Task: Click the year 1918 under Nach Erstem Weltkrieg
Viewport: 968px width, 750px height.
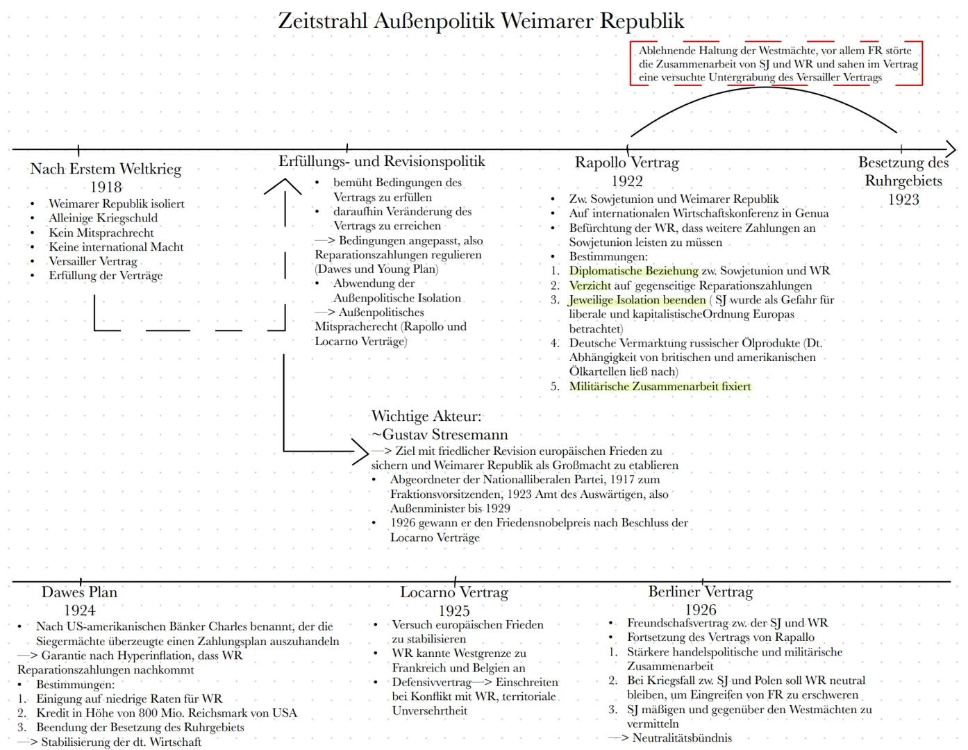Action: (x=106, y=187)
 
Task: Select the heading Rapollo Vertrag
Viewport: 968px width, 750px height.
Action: (x=626, y=162)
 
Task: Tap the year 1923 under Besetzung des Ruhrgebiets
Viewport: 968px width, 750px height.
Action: (x=903, y=199)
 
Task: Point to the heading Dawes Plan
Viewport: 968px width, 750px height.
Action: (x=79, y=592)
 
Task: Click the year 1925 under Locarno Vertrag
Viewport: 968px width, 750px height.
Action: (x=453, y=610)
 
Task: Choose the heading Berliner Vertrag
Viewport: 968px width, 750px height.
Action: (x=700, y=592)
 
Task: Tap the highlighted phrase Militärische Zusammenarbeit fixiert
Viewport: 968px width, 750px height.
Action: (x=660, y=387)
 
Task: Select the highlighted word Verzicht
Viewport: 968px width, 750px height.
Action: (x=590, y=285)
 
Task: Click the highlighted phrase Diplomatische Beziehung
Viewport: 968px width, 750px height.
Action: (x=633, y=271)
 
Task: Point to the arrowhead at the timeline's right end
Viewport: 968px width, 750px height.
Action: (x=950, y=149)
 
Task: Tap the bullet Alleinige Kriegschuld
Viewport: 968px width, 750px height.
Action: (x=103, y=218)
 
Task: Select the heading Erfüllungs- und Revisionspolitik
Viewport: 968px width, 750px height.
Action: (x=382, y=161)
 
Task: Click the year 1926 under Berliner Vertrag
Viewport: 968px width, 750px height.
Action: (x=700, y=610)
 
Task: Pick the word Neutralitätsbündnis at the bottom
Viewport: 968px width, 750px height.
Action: (x=682, y=737)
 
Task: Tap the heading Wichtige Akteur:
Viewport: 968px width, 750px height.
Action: (x=426, y=417)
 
